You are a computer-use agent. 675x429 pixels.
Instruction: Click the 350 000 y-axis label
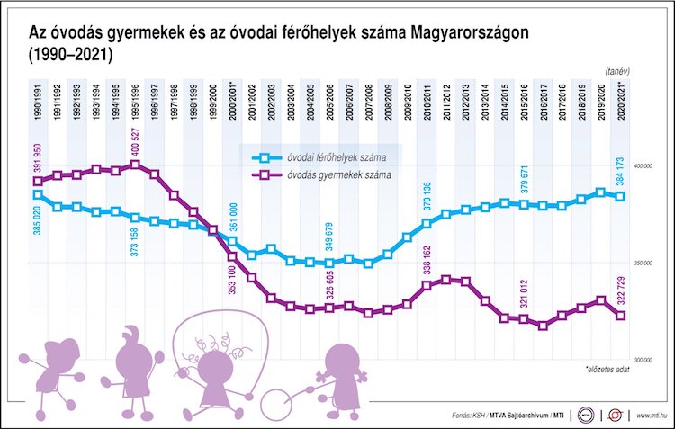[x=643, y=264]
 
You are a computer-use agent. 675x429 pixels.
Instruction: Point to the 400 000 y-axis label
[x=643, y=167]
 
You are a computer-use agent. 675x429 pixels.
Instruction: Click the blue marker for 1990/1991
[x=37, y=194]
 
